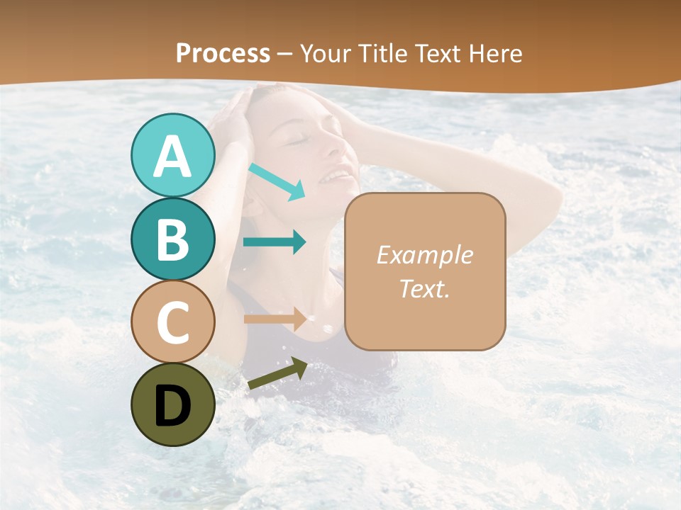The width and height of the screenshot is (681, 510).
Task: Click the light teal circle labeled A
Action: [x=172, y=155]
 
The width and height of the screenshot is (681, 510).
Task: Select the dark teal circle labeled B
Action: [x=172, y=239]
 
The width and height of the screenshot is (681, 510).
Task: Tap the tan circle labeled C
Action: [x=172, y=322]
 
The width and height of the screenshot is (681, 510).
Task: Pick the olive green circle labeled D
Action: [x=172, y=404]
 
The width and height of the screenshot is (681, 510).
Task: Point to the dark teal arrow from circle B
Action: [x=275, y=242]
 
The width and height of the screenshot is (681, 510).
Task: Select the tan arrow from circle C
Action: [x=275, y=319]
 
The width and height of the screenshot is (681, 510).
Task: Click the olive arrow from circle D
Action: [x=277, y=374]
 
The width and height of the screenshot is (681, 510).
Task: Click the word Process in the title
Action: [x=223, y=53]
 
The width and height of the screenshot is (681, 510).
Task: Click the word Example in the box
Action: [x=424, y=255]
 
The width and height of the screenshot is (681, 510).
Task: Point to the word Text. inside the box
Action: [x=424, y=288]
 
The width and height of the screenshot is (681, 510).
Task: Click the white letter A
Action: [x=172, y=157]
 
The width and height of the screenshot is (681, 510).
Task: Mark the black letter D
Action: [x=172, y=406]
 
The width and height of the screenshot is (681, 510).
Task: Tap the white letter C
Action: [x=172, y=323]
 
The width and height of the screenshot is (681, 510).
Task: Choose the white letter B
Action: [x=172, y=240]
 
